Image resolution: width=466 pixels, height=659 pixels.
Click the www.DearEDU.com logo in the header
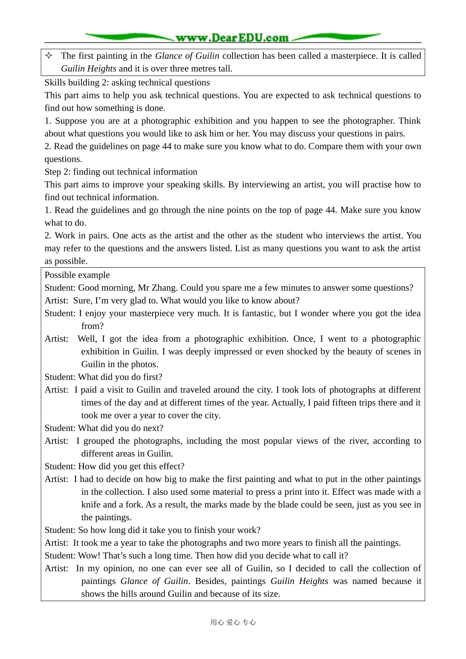pos(232,38)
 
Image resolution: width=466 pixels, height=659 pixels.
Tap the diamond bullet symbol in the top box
pos(49,56)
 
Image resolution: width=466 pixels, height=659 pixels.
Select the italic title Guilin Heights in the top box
pos(89,69)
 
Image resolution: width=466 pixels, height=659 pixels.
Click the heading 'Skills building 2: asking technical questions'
pos(127,82)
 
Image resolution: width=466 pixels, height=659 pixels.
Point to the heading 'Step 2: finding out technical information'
pos(121,172)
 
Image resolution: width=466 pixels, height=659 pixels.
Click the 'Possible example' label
pos(77,275)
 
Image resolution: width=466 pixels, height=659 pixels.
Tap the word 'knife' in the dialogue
pos(92,505)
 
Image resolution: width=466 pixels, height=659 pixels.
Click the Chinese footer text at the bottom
pos(233,622)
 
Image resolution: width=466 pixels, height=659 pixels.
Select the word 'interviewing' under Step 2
pos(267,184)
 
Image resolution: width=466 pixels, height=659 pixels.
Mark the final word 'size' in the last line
pos(270,594)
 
